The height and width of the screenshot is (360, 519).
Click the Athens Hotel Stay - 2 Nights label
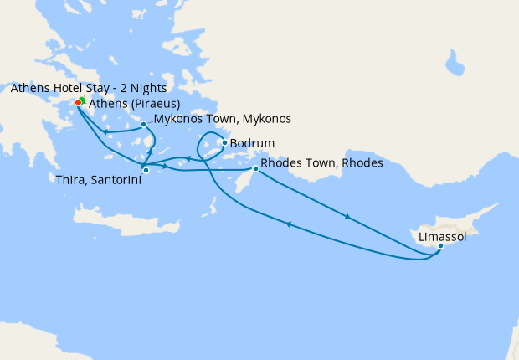tap(89, 88)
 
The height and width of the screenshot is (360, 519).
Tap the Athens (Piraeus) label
tap(134, 104)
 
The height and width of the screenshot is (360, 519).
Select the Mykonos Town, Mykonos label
tap(222, 119)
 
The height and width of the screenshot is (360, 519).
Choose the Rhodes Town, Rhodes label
tap(321, 163)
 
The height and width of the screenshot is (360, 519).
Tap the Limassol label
tap(443, 238)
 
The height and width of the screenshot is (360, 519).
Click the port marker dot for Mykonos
tap(144, 124)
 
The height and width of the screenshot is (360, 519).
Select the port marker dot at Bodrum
tap(224, 142)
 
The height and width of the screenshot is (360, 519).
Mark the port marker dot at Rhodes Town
tap(255, 169)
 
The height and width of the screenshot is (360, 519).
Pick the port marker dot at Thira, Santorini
tap(146, 171)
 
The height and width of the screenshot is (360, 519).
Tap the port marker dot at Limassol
tap(440, 245)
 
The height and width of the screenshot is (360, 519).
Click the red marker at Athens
tap(78, 102)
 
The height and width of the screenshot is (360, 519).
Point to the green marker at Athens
tap(82, 100)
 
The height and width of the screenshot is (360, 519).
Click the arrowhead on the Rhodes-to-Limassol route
tap(347, 217)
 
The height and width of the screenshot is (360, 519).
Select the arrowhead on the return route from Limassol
tap(289, 224)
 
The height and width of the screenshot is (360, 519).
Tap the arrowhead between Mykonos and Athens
tap(105, 131)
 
